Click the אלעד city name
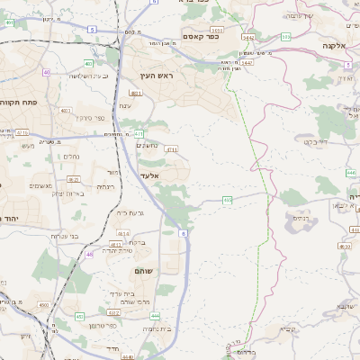(x=149, y=174)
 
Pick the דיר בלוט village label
(x=315, y=141)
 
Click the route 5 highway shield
(x=92, y=30)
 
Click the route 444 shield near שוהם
(x=154, y=316)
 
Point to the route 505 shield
(x=285, y=37)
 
